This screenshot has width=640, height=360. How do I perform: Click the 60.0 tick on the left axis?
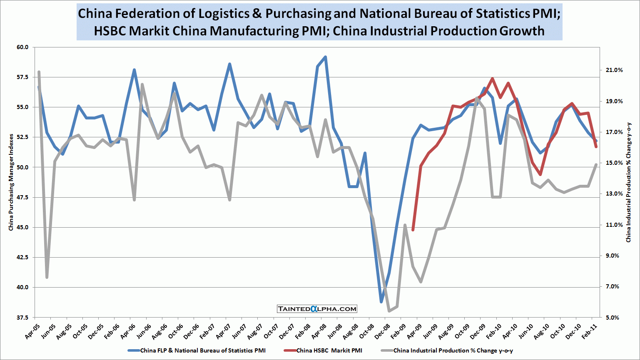point(23,47)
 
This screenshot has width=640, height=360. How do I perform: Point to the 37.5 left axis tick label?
point(23,318)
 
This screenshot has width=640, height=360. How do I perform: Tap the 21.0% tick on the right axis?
point(614,70)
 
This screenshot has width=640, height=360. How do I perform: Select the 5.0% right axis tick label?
point(612,318)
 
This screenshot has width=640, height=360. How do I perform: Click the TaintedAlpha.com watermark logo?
point(317,309)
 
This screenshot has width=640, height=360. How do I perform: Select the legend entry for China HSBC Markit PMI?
point(329,350)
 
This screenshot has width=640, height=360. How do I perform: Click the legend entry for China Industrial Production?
point(453,350)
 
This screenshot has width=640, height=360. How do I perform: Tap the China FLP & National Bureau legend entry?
point(202,350)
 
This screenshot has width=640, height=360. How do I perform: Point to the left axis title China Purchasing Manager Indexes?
point(11,182)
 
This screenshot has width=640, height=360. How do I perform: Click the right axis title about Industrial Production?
point(629,182)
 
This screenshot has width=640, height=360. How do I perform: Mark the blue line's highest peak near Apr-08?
point(325,57)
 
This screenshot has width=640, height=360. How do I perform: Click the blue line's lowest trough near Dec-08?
point(381,301)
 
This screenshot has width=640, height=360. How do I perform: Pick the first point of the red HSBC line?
point(413,230)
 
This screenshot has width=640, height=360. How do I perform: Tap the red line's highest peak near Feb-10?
point(492,79)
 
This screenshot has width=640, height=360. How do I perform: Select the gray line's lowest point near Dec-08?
point(389,311)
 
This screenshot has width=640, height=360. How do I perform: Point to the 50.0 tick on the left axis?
point(23,167)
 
